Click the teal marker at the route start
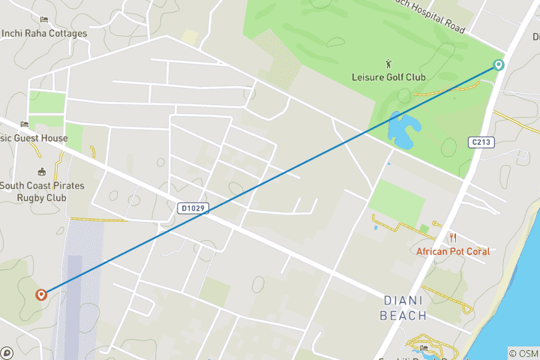[499, 65]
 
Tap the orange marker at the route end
[41, 295]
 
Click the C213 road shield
[481, 142]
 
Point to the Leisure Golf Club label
[388, 77]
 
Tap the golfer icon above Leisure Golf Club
[388, 63]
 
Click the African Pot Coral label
[453, 252]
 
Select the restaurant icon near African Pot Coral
[453, 238]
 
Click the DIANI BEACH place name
[404, 308]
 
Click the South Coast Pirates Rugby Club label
[42, 191]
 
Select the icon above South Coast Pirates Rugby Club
[41, 172]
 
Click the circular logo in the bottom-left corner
[7, 352]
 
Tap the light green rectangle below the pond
[397, 200]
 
